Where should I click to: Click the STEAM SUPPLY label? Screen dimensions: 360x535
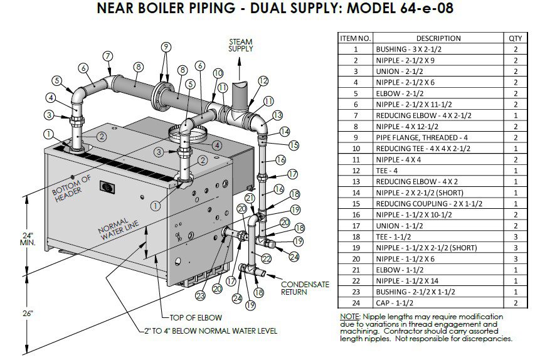click(240, 45)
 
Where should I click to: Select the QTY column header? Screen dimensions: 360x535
click(515, 38)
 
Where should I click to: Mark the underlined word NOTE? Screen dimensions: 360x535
click(349, 317)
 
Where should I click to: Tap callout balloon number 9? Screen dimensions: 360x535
click(166, 47)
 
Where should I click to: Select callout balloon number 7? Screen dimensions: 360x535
click(108, 56)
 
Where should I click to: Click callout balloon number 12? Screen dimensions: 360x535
click(263, 80)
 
